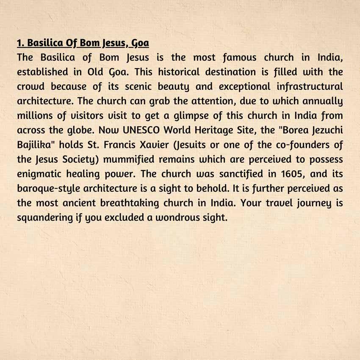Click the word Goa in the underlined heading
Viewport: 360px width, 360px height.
coord(140,43)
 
